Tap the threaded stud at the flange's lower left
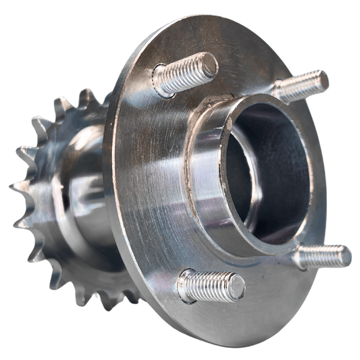[x=209, y=286]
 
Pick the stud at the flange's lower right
[x=323, y=256]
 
